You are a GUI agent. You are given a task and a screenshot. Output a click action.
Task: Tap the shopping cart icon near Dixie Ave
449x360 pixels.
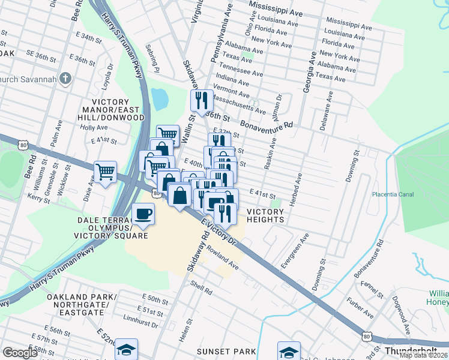coord(106,172)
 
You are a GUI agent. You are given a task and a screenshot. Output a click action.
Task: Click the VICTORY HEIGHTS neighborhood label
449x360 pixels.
coord(265,215)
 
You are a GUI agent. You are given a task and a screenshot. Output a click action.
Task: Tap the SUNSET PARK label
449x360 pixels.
coord(228,351)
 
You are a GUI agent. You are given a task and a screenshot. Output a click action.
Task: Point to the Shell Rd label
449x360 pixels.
coord(201,287)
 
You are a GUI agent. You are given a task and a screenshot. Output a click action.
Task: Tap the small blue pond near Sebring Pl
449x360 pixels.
coord(160,98)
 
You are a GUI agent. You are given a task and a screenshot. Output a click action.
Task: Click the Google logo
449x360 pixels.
coord(20,353)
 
